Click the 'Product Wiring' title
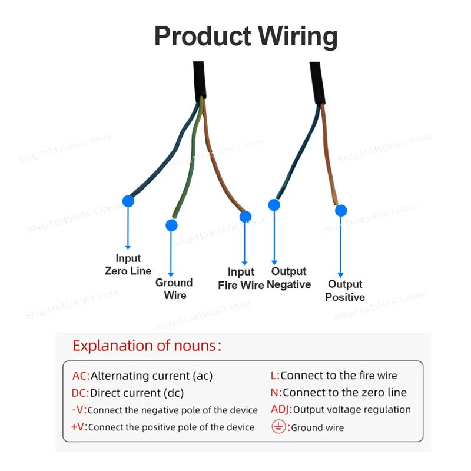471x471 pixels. (x=246, y=37)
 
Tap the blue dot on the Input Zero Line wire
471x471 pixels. (x=128, y=201)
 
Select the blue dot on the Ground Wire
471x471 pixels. (x=171, y=225)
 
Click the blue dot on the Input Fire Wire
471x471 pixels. (x=246, y=217)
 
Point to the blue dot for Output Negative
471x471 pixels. (x=274, y=205)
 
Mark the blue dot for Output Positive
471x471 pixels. (x=341, y=211)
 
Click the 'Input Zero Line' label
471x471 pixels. (x=128, y=265)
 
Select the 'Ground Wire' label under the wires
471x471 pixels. (x=174, y=289)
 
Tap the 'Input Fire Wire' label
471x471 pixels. (x=241, y=278)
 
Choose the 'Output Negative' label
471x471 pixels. (x=288, y=278)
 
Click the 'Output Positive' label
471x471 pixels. (x=345, y=291)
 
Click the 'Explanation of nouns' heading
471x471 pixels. (x=147, y=346)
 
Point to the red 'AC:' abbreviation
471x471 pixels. (x=81, y=376)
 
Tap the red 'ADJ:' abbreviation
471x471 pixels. (x=281, y=410)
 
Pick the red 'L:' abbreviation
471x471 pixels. (x=275, y=376)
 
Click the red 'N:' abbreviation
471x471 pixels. (x=276, y=393)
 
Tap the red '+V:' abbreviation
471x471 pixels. (x=79, y=427)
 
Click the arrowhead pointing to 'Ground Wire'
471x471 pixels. (x=171, y=274)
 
